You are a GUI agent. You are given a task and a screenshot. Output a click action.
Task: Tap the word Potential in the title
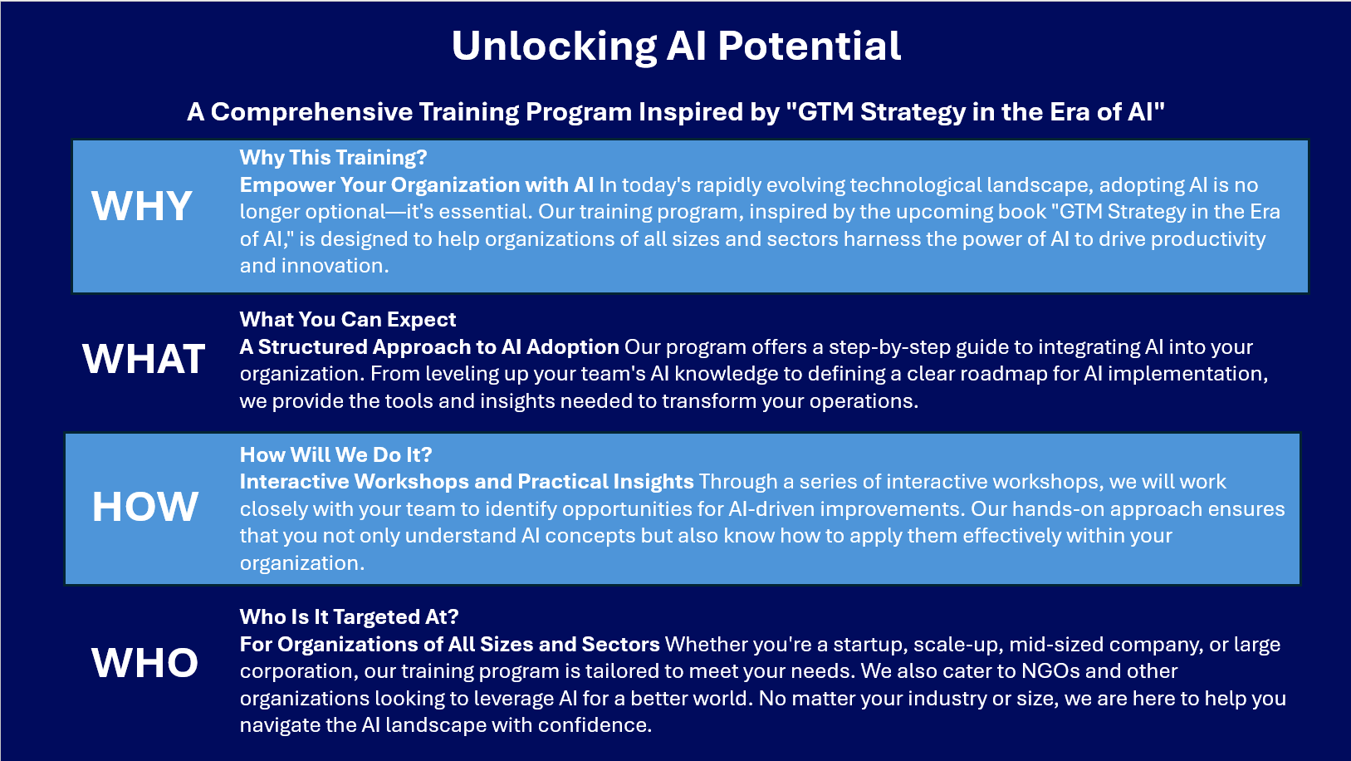[810, 46]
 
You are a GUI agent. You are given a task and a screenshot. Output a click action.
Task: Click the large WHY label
[142, 206]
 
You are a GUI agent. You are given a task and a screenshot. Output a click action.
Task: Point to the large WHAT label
[144, 358]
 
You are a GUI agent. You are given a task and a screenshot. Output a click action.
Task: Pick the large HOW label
[144, 506]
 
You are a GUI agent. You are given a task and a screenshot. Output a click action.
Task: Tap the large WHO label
[144, 663]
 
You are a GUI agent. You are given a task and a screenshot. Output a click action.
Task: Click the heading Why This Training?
[333, 158]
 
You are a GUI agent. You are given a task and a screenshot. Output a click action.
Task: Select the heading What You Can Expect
[347, 319]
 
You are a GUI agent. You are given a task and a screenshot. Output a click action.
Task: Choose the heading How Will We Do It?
[336, 454]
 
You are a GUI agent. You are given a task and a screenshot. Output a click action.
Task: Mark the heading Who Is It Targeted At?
[350, 616]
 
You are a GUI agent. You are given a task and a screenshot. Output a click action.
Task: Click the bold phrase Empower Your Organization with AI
[417, 184]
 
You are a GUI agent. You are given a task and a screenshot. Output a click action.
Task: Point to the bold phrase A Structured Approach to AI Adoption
[429, 347]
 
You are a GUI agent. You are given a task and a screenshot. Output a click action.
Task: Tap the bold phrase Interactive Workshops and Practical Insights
[467, 482]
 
